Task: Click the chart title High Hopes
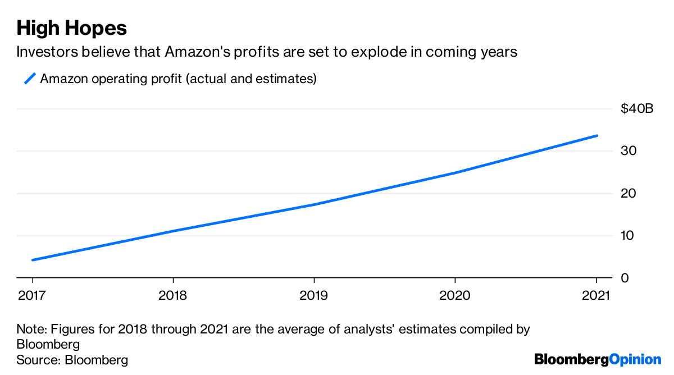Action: click(71, 28)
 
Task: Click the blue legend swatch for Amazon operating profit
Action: click(30, 79)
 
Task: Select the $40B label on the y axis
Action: click(637, 109)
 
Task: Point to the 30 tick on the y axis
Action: click(628, 151)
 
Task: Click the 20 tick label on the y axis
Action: click(628, 194)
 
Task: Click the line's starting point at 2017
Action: click(33, 260)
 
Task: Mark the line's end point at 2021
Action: click(596, 135)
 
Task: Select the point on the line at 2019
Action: click(313, 204)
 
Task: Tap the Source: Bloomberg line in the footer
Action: click(72, 360)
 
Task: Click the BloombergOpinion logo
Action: click(598, 359)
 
